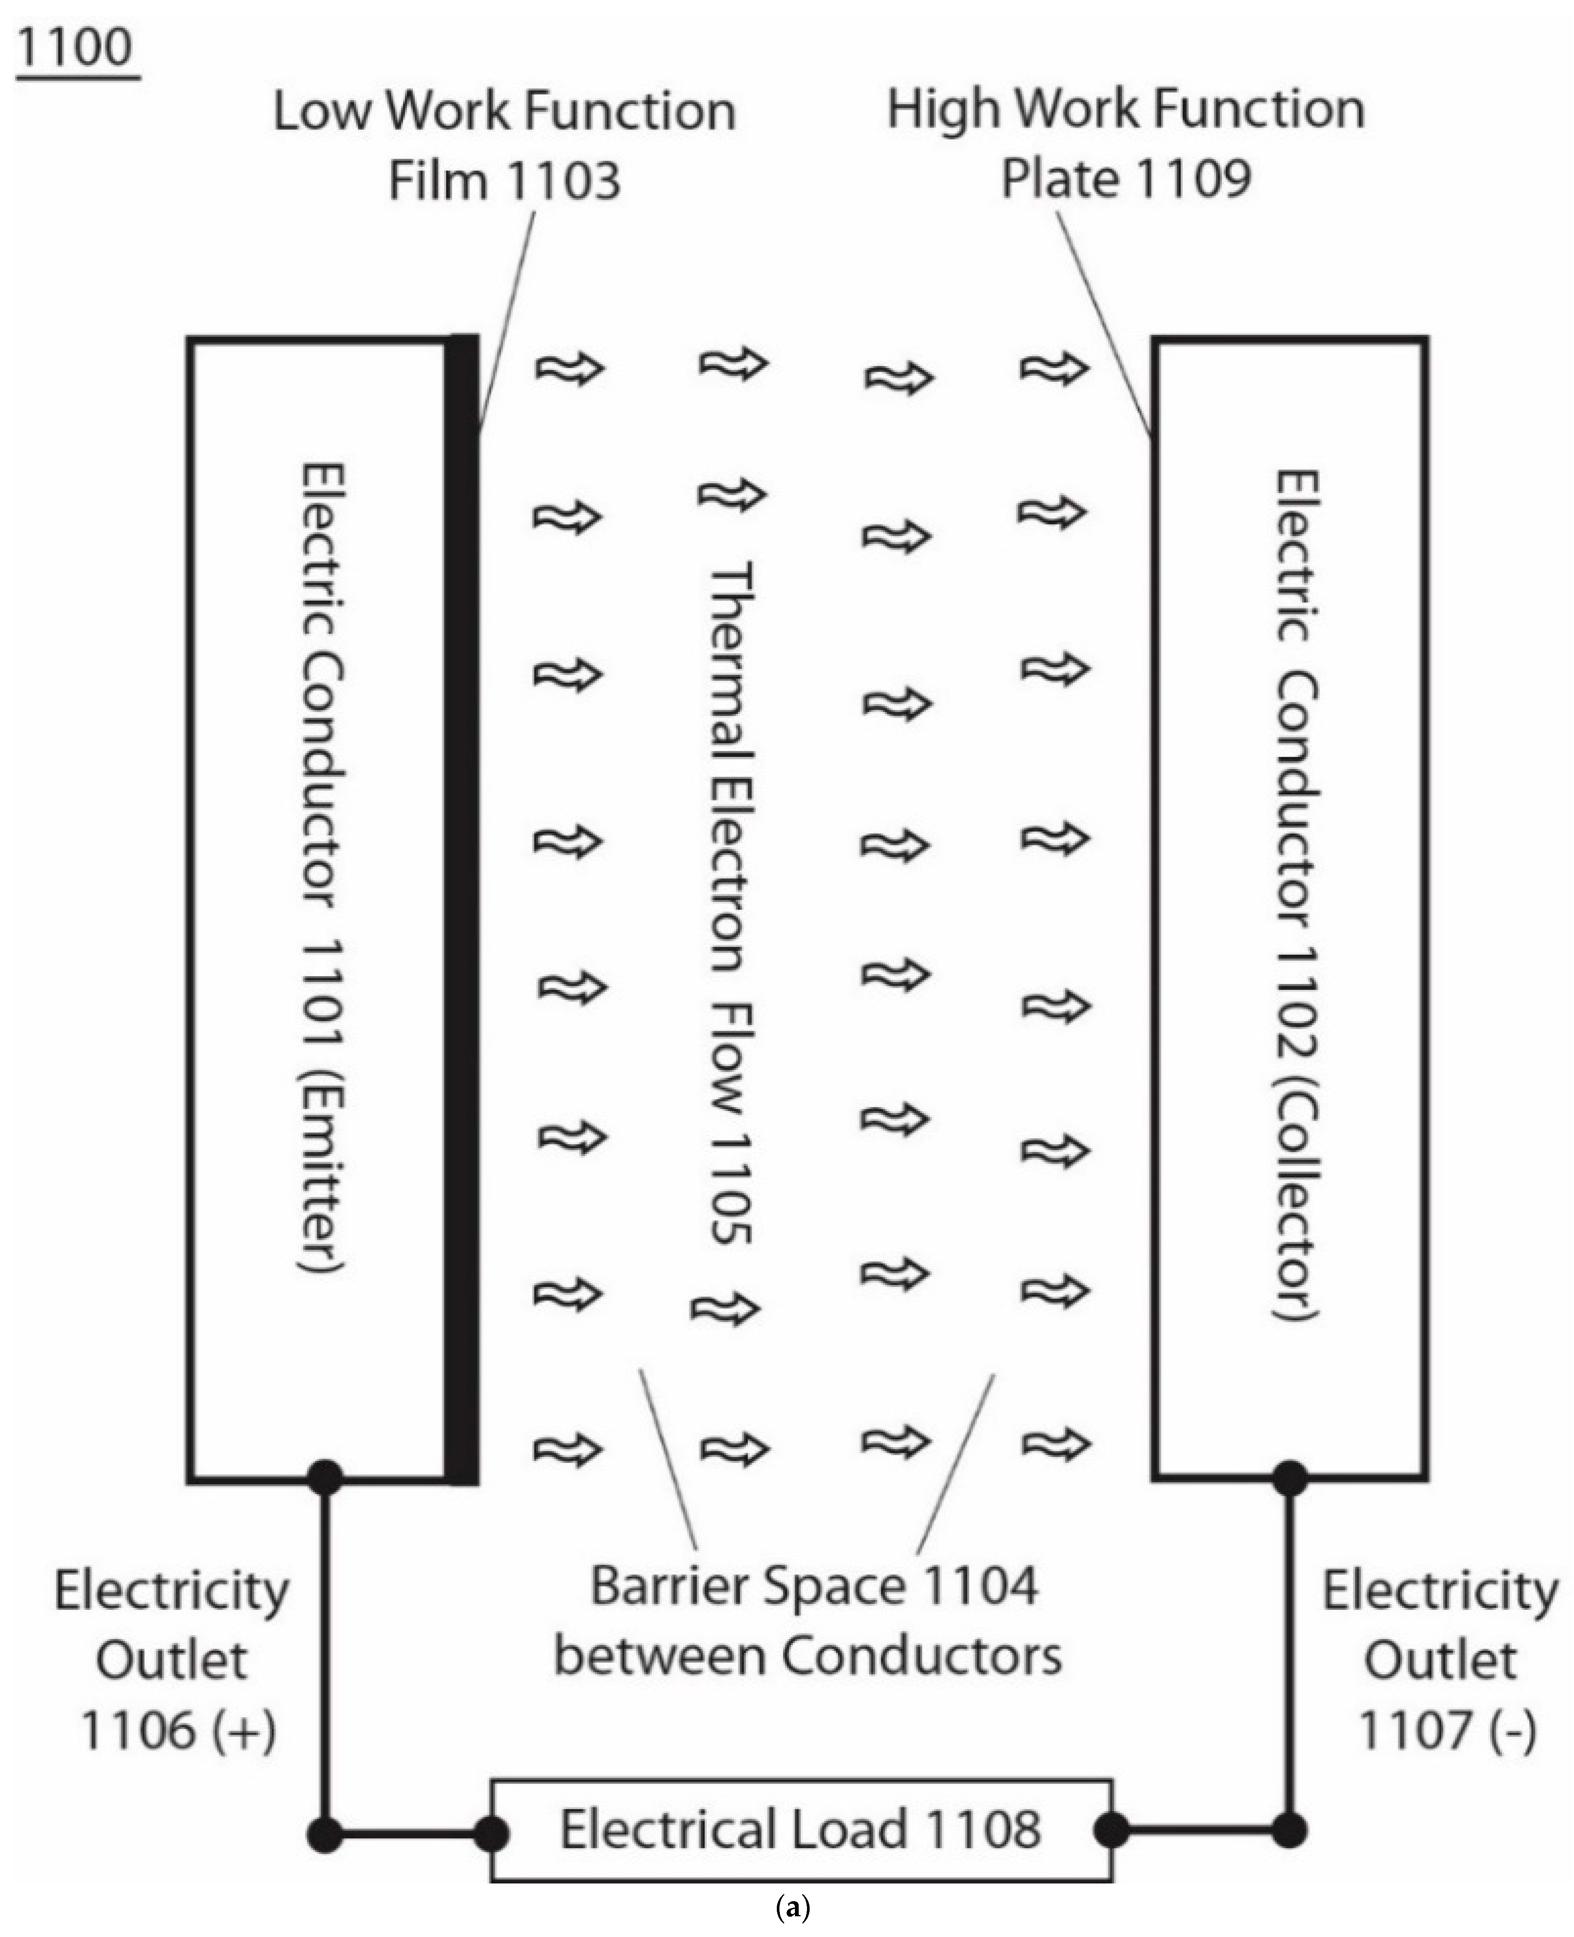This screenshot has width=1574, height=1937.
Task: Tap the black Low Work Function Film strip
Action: pos(463,906)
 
